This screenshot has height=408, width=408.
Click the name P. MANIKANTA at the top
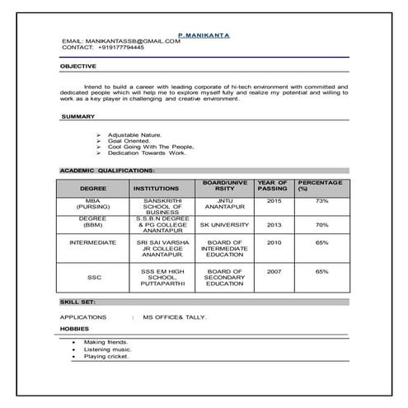(x=204, y=35)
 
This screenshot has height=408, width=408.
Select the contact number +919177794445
(x=120, y=48)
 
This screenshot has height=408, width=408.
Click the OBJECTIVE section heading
(x=78, y=66)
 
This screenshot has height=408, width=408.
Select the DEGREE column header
(x=93, y=188)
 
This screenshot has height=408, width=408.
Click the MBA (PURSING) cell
(x=93, y=204)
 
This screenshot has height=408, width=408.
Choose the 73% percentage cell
(x=321, y=201)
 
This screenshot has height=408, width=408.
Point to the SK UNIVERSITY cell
(x=224, y=224)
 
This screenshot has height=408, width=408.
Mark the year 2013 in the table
(x=274, y=224)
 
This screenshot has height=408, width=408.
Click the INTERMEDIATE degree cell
(x=93, y=242)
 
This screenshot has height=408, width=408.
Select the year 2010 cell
(x=274, y=242)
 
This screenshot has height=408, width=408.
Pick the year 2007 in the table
(x=274, y=271)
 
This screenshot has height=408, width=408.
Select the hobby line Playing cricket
(x=106, y=356)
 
